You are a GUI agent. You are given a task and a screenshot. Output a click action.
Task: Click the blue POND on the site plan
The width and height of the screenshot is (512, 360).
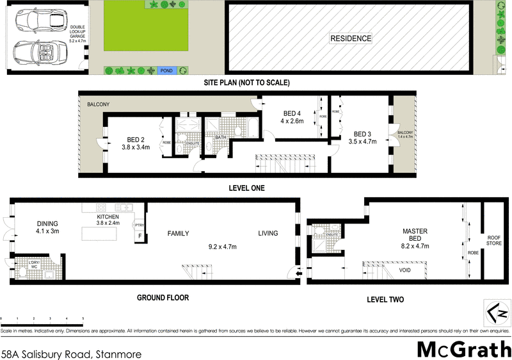tap(166, 70)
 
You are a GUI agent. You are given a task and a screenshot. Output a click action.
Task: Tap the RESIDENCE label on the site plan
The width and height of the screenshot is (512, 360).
tap(350, 38)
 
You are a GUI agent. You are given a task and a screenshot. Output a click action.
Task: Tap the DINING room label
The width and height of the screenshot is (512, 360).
tap(47, 224)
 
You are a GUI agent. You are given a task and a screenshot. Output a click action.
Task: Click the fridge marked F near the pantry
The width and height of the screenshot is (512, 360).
tap(139, 236)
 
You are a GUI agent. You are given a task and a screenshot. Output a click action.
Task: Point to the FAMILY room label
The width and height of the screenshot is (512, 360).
tap(178, 234)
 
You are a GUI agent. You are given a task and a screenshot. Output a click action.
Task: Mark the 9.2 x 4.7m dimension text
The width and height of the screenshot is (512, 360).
tap(222, 245)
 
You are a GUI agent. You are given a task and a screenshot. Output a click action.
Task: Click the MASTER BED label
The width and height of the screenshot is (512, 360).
tap(415, 234)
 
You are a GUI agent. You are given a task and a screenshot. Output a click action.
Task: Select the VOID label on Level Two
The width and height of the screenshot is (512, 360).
tap(404, 270)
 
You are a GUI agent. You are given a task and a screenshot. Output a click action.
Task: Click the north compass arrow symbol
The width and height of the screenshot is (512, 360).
tap(497, 313)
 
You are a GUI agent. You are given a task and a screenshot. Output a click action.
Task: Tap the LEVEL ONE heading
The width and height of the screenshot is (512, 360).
tap(246, 188)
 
